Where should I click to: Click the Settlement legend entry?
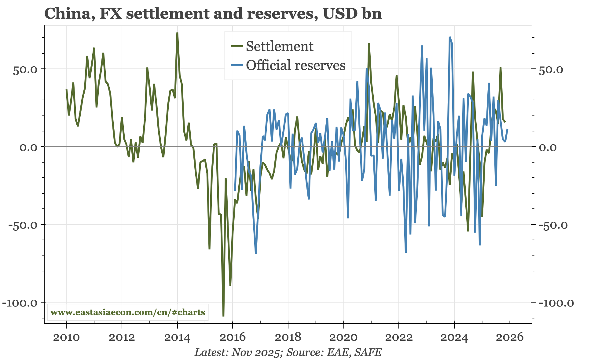pos(279,46)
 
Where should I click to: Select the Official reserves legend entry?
pos(295,65)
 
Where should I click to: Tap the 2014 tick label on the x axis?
pos(177,337)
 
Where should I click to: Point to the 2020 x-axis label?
pos(343,337)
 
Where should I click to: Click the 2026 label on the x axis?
pos(510,337)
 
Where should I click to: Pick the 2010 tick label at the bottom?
pos(66,337)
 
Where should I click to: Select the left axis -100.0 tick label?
pos(20,303)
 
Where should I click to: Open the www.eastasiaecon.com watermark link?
pos(128,312)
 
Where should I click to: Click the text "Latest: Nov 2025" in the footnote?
pos(237,352)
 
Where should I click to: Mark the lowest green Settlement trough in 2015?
pos(223,316)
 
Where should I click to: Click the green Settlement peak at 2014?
pos(177,33)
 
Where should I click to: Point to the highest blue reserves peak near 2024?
pos(450,37)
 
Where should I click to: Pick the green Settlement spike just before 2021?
pos(369,43)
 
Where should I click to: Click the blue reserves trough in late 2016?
pos(256,254)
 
